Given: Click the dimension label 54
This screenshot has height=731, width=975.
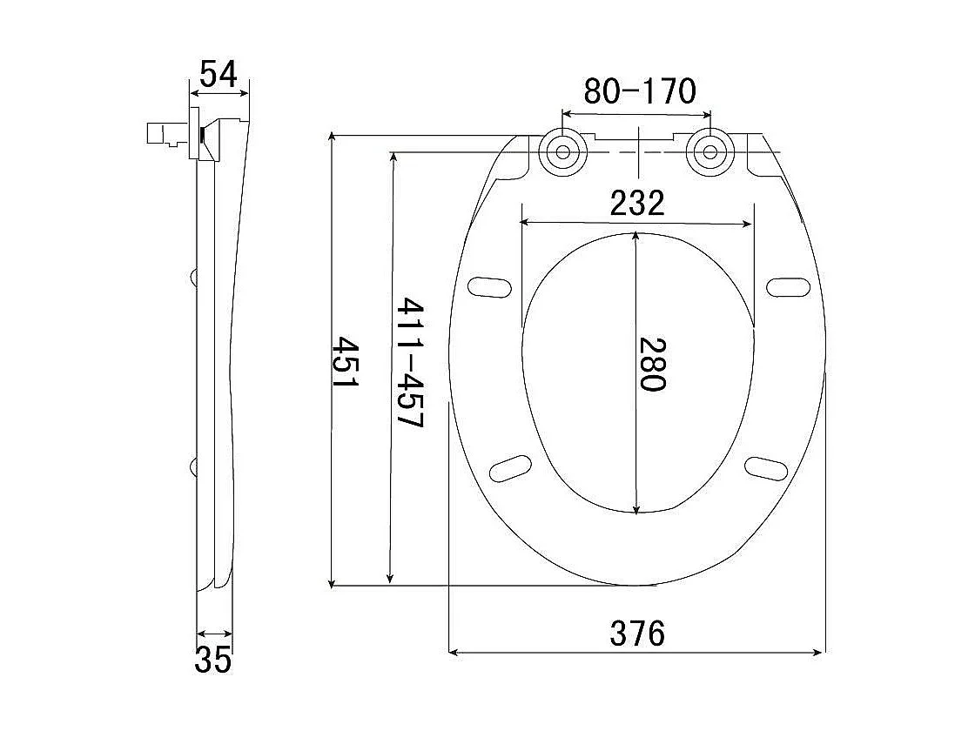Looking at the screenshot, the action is point(219,74).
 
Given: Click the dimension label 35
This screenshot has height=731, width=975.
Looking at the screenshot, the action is point(212,660).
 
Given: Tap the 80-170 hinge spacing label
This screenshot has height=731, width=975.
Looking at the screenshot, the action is point(639,91).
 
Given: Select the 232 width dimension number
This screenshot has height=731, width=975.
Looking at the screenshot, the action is point(637,203).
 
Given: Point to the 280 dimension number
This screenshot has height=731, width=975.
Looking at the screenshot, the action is point(652,364).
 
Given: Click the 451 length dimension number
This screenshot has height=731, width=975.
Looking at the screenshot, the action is point(345,362).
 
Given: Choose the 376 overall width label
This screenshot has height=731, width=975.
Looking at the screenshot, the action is point(637,634).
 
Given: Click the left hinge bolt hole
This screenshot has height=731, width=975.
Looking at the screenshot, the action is point(562,152).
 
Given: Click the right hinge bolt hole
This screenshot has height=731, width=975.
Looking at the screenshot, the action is point(709,152).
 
